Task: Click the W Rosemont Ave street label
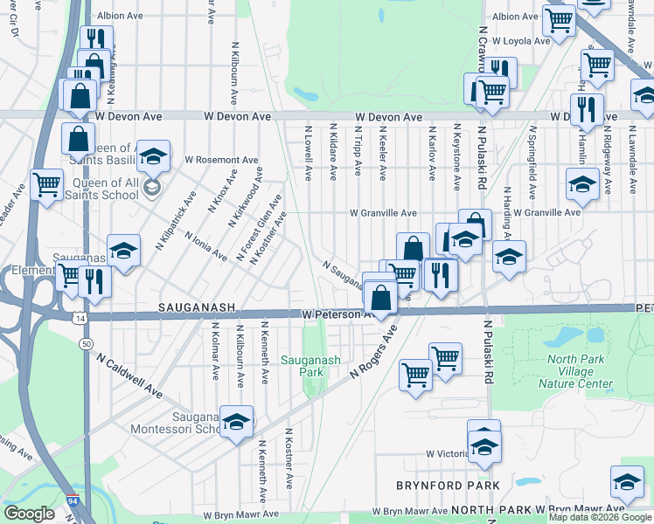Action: pyautogui.click(x=221, y=161)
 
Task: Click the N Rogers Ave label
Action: pyautogui.click(x=372, y=351)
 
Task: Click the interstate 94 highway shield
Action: pyautogui.click(x=70, y=502)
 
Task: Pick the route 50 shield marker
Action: pyautogui.click(x=86, y=344)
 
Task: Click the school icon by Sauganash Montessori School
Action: pyautogui.click(x=235, y=422)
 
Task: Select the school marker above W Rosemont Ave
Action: pyautogui.click(x=153, y=157)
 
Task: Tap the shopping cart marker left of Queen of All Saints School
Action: pyautogui.click(x=46, y=184)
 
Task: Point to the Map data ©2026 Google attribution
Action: pyautogui.click(x=600, y=517)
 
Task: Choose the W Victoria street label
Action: pyautogui.click(x=449, y=454)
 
